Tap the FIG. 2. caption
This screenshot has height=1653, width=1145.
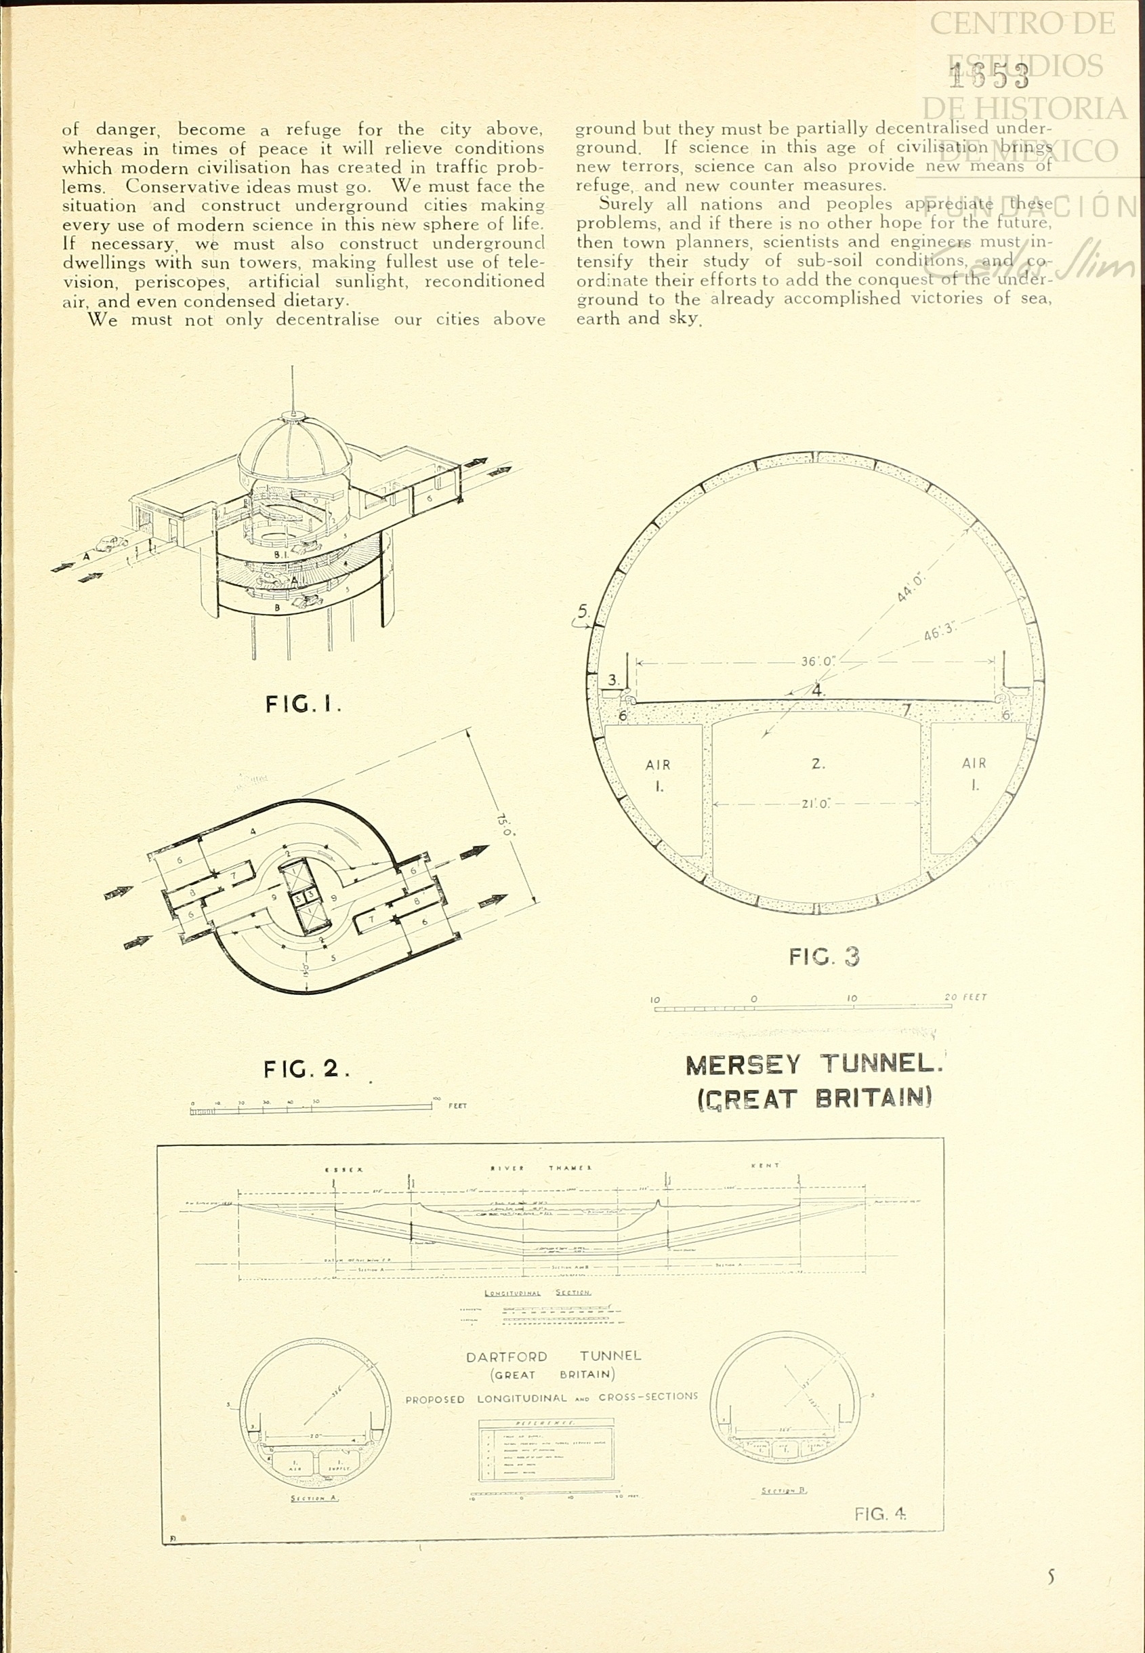pos(306,1069)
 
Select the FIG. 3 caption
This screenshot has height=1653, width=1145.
pos(824,957)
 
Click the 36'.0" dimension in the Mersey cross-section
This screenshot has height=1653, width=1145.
pos(818,661)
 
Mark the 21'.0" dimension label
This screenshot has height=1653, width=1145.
pos(816,804)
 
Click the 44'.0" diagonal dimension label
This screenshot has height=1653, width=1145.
pos(911,586)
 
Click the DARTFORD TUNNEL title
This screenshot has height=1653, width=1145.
pos(552,1357)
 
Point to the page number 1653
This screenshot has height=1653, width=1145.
pos(988,75)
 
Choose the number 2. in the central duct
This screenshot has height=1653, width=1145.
pos(818,764)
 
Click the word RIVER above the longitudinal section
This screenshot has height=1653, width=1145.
pos(508,1168)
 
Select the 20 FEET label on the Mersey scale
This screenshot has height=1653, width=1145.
pos(965,997)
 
